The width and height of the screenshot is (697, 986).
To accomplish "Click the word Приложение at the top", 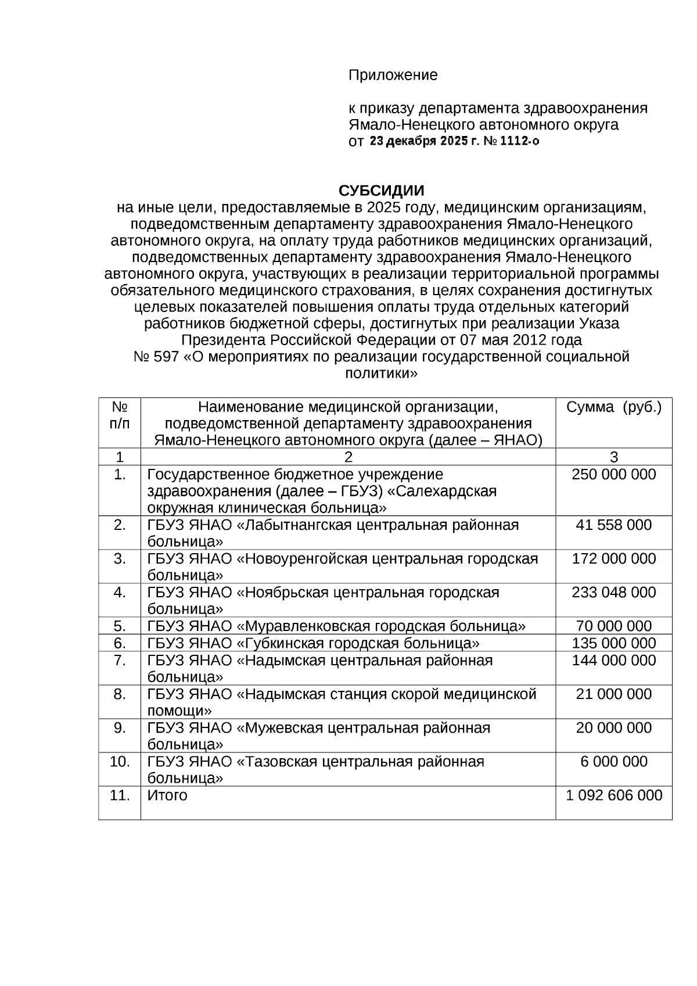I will click(393, 75).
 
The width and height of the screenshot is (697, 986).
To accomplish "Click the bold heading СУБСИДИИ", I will click(382, 191).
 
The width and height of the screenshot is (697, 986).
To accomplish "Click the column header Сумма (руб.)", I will click(613, 407).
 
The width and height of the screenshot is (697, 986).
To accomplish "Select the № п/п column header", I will click(120, 415).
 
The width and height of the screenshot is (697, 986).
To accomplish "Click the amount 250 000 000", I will click(613, 474).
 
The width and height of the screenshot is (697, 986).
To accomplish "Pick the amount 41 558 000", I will click(613, 525).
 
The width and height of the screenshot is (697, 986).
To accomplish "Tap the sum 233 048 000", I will click(613, 592).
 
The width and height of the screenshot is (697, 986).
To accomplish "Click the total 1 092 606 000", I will click(613, 795).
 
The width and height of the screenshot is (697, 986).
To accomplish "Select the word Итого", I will click(167, 795).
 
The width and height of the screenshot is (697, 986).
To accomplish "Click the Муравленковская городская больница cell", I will click(336, 626).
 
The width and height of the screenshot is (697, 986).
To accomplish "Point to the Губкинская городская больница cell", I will click(314, 643).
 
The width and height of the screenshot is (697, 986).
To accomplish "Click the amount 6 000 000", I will click(613, 761).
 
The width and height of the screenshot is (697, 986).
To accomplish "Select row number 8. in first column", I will click(120, 694).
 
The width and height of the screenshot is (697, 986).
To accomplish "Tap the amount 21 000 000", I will click(613, 694).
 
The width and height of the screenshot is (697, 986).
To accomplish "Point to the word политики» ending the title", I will click(382, 373).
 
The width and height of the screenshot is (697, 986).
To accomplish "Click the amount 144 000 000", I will click(613, 660).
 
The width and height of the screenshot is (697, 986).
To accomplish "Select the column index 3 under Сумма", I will click(613, 457).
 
